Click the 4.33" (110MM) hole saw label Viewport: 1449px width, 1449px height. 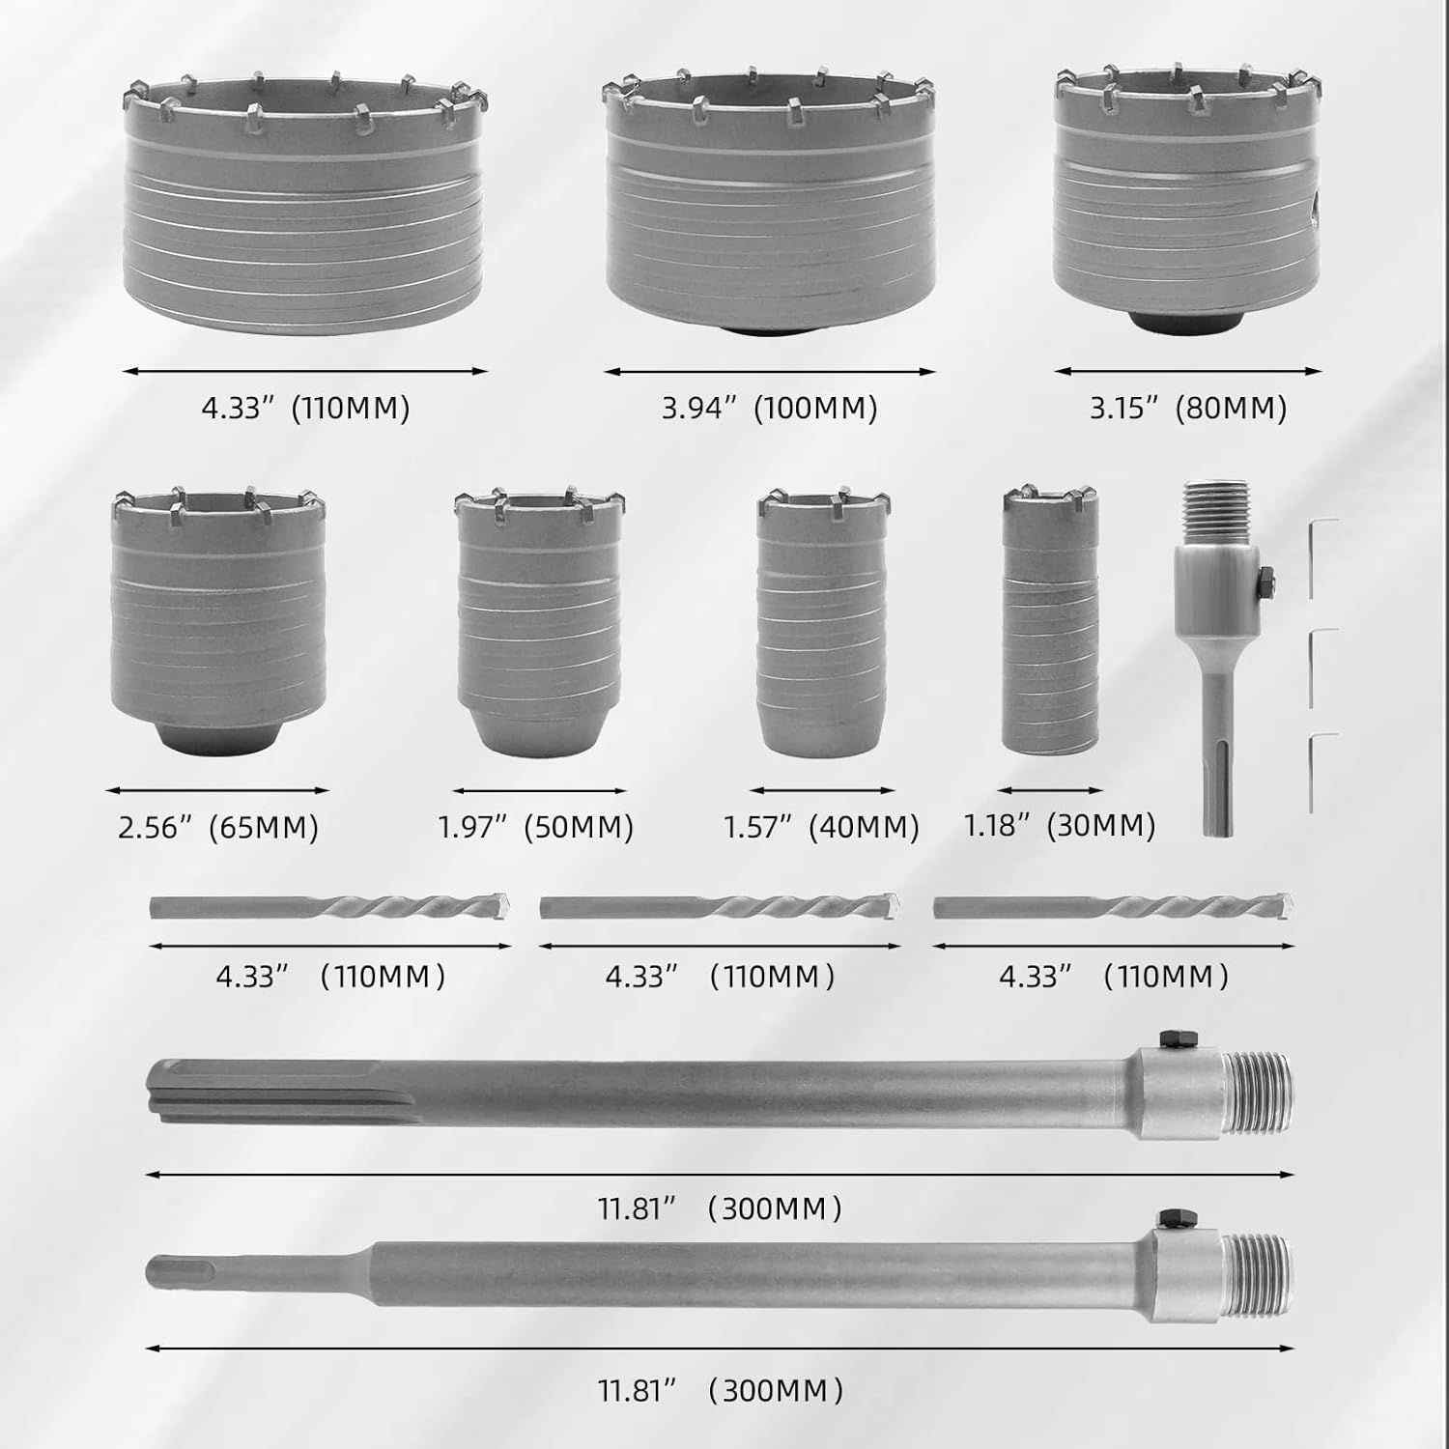(305, 408)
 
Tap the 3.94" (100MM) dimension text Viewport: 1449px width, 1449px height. (769, 408)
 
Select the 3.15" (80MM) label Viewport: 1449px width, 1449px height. (1187, 408)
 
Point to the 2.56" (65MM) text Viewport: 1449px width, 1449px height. (218, 828)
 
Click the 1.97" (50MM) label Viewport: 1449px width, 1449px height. (536, 828)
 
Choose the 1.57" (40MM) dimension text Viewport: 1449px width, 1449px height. (821, 828)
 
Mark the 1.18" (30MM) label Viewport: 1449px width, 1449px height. (1060, 826)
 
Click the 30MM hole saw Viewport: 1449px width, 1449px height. (1051, 623)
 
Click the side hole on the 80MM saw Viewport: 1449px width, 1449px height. (1312, 203)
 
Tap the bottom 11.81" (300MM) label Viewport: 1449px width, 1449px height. (720, 1392)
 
